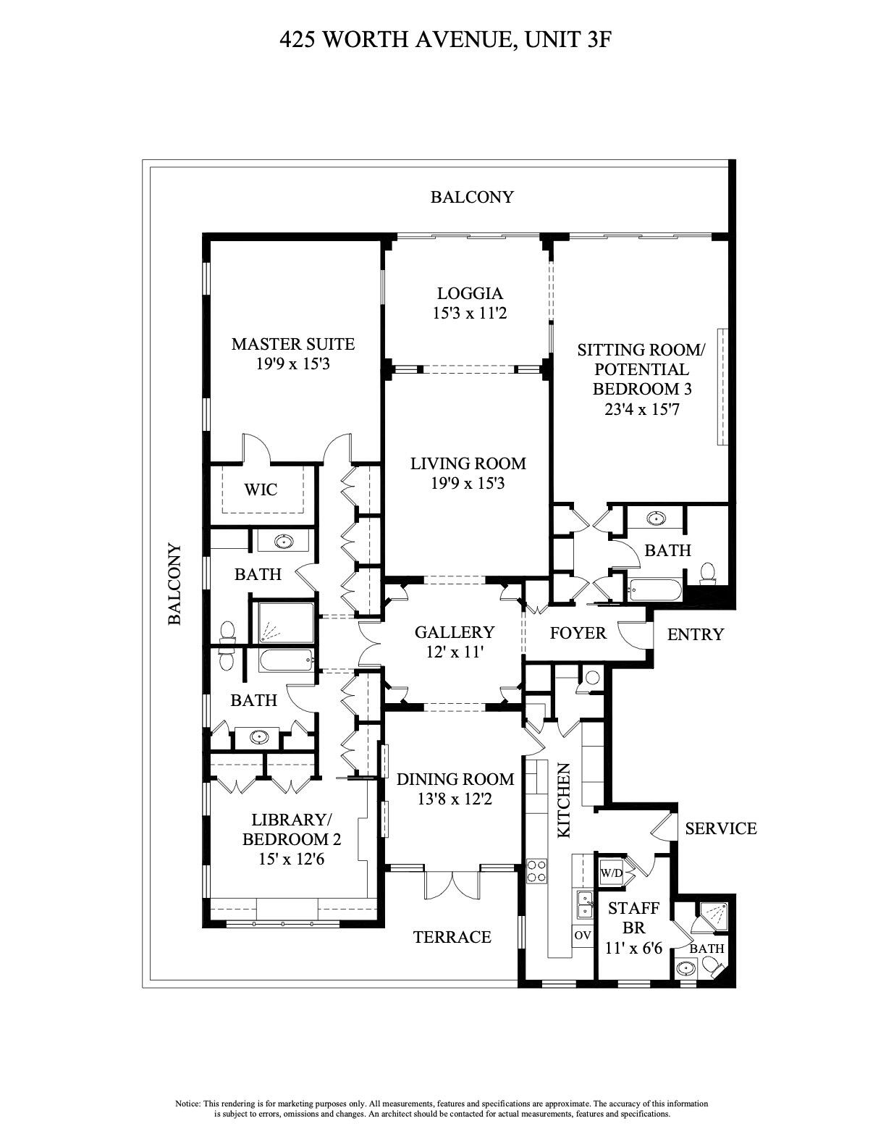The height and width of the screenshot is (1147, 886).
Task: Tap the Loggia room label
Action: tap(470, 293)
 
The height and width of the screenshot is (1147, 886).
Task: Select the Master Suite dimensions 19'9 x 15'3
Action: tap(292, 364)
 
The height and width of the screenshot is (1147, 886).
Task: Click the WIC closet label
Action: tap(261, 490)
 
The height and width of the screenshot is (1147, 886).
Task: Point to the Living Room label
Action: tap(468, 463)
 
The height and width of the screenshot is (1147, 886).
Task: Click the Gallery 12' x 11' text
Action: tap(454, 642)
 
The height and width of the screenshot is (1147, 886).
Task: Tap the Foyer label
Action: tap(578, 634)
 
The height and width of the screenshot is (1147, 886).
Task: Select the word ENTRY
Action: tap(695, 634)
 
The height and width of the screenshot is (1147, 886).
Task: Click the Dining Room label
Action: tap(455, 780)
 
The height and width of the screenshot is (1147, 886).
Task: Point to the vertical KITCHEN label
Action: tap(565, 800)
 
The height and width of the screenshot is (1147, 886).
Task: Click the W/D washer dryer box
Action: tap(611, 873)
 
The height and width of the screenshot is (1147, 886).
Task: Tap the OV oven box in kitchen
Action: tap(583, 935)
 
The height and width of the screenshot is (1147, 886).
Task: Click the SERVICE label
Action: tap(720, 828)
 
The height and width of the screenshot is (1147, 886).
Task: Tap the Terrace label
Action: tap(452, 937)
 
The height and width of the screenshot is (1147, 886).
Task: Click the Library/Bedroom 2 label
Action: tap(291, 830)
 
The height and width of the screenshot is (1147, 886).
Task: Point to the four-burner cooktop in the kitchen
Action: tap(536, 870)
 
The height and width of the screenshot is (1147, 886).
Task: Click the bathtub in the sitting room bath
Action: tap(655, 590)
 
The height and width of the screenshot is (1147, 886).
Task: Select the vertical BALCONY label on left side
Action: tap(174, 584)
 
